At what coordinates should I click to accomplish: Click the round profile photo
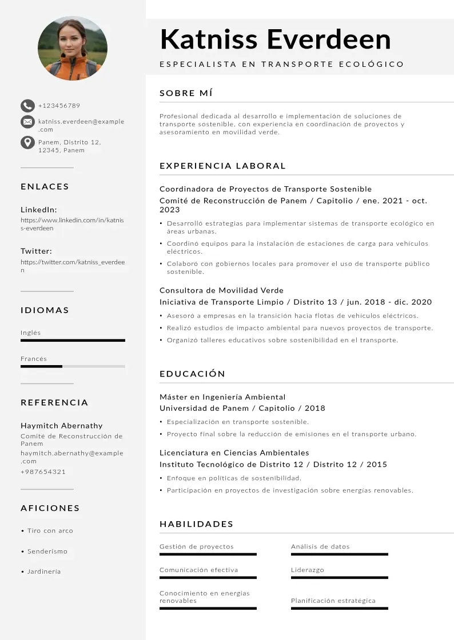[73, 48]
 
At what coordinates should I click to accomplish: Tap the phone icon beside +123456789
[27, 106]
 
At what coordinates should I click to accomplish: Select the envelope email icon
[27, 122]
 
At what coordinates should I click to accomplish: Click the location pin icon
[27, 142]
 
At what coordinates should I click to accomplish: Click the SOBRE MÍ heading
[186, 93]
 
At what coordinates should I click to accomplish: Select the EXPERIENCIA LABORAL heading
[222, 166]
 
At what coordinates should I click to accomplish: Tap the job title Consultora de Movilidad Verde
[221, 290]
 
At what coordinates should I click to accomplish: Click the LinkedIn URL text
[72, 224]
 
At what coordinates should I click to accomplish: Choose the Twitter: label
[36, 251]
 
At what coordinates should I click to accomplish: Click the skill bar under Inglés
[73, 341]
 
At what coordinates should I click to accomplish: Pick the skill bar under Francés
[73, 366]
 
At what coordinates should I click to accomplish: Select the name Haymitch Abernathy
[62, 426]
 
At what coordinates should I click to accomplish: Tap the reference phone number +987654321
[43, 472]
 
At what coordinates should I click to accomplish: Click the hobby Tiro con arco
[50, 531]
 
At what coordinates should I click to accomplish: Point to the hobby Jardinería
[44, 571]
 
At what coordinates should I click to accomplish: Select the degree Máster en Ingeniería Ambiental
[222, 397]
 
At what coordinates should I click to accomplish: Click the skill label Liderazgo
[307, 570]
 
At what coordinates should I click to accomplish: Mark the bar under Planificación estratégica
[339, 609]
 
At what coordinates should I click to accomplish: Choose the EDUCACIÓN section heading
[192, 374]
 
